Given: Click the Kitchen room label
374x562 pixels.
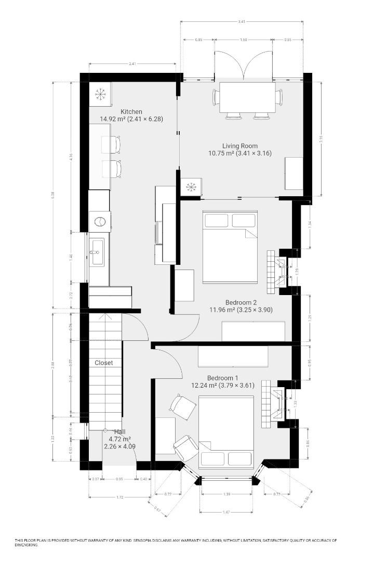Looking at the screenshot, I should [131, 112].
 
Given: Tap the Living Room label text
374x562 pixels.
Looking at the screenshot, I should [240, 146].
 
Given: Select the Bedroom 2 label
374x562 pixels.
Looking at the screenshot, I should [241, 302].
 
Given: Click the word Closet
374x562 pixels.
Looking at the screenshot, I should [104, 363].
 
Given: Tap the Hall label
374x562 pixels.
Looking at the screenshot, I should [120, 432].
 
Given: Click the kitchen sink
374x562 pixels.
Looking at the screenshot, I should [97, 252].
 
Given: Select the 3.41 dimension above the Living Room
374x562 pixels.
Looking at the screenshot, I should [242, 21].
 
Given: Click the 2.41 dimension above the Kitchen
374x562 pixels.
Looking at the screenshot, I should [132, 64].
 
